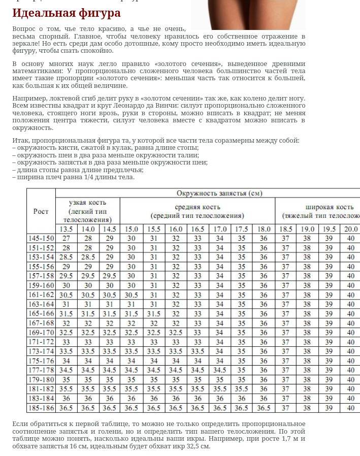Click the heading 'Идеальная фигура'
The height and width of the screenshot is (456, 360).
[67, 13]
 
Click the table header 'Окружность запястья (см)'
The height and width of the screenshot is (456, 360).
[219, 193]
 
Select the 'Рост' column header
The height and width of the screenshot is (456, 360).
[41, 211]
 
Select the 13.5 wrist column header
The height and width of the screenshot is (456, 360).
[66, 229]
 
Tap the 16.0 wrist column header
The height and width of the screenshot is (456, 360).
[176, 229]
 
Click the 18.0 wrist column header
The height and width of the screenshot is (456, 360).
[264, 229]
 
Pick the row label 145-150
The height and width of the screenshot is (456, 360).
[41, 238]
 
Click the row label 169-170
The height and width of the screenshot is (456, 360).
[41, 333]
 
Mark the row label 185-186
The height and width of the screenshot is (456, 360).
[41, 408]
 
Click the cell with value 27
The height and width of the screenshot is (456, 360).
[66, 238]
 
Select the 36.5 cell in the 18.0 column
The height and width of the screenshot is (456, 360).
[264, 408]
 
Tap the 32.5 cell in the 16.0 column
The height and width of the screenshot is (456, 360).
[176, 333]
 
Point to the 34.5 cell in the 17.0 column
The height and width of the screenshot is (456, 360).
[219, 370]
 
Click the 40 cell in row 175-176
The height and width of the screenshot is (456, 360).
[351, 361]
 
